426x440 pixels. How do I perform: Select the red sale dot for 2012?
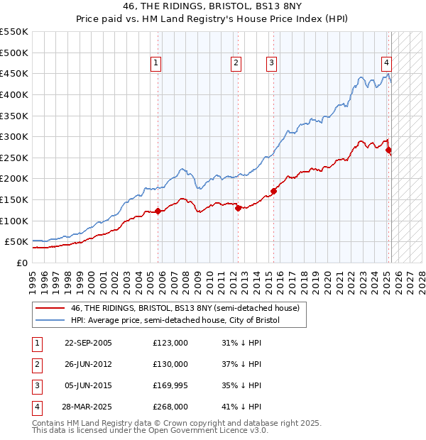tap(239, 208)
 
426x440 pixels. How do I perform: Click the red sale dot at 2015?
tap(274, 191)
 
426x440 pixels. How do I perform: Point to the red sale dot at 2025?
tap(388, 150)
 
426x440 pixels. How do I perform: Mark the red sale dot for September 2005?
tap(158, 211)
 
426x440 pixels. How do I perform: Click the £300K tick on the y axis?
tap(13, 136)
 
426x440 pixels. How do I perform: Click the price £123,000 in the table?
tap(170, 343)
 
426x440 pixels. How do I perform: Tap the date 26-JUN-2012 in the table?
tap(88, 364)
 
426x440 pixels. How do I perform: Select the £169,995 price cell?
tap(170, 385)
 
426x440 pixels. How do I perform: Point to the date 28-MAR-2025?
tap(88, 407)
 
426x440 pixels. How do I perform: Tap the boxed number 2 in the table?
tap(36, 364)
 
